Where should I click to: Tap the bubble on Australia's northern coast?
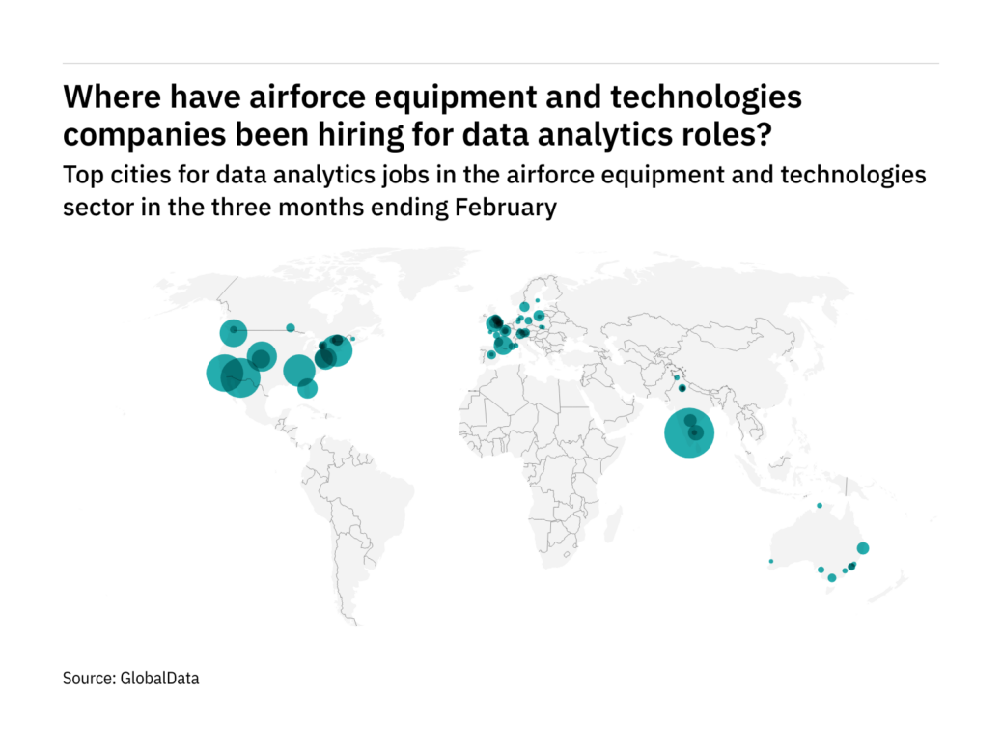(x=819, y=506)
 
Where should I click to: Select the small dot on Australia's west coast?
(x=770, y=561)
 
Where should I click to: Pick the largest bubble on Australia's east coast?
(x=863, y=548)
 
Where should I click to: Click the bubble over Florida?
(x=307, y=388)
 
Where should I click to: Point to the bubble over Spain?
(x=491, y=354)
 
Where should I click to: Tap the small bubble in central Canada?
(x=290, y=327)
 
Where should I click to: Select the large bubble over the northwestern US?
(x=233, y=334)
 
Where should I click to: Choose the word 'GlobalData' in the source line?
(x=159, y=679)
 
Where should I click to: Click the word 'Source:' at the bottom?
(x=89, y=679)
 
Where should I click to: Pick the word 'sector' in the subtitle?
(x=93, y=208)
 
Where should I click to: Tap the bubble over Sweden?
(x=524, y=307)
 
